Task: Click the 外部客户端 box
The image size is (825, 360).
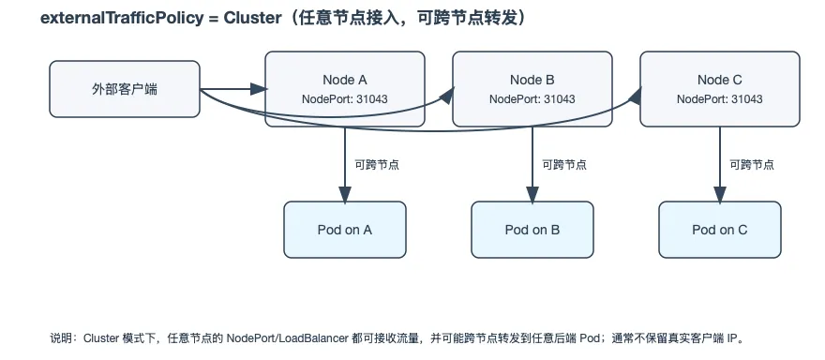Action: (125, 89)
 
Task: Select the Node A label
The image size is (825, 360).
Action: (345, 80)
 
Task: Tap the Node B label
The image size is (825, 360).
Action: (532, 80)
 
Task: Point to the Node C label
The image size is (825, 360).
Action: (720, 80)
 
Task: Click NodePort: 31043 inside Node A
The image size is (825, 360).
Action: (345, 99)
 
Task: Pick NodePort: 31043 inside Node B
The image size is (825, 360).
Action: (532, 99)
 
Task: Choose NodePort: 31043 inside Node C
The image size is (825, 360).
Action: (720, 99)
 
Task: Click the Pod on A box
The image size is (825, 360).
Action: (345, 230)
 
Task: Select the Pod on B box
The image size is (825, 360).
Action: (532, 230)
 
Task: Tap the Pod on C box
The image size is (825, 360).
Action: (720, 230)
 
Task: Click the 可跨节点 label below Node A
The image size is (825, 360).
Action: (377, 165)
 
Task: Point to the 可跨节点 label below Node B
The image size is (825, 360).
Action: (564, 165)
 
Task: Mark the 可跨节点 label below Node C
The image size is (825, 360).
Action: (752, 165)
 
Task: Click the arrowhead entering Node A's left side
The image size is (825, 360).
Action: (259, 89)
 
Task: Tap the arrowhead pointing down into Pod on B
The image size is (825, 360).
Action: (532, 195)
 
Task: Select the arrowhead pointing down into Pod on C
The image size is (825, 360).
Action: (720, 195)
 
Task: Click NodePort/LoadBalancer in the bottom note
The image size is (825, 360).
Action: (287, 337)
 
